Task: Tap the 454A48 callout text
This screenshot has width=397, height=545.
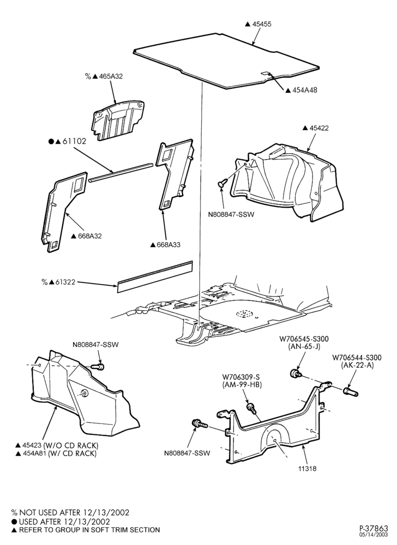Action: point(304,90)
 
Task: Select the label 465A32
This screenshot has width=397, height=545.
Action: point(110,76)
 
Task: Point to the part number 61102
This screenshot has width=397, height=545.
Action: point(74,142)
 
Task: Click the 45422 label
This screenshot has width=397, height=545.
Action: point(319,128)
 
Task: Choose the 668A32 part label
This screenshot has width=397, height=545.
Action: point(89,236)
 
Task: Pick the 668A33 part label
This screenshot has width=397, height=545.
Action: point(169,245)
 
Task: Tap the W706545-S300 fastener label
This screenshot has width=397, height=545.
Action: point(304,339)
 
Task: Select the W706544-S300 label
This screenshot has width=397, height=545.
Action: point(357,358)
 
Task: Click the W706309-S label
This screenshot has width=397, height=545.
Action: point(242,377)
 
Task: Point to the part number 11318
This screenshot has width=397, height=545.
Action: point(307,468)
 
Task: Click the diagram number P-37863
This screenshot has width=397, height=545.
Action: point(374,529)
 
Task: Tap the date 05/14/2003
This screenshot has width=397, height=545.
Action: point(375,536)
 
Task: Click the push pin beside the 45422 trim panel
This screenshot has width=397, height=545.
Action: point(221,182)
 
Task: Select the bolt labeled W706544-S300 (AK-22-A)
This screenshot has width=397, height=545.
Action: point(351,391)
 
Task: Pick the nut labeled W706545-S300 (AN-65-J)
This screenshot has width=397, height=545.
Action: point(295,374)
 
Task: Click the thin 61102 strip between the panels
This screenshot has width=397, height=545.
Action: point(121,172)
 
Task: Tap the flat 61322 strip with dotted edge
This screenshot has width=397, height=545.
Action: point(155,276)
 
